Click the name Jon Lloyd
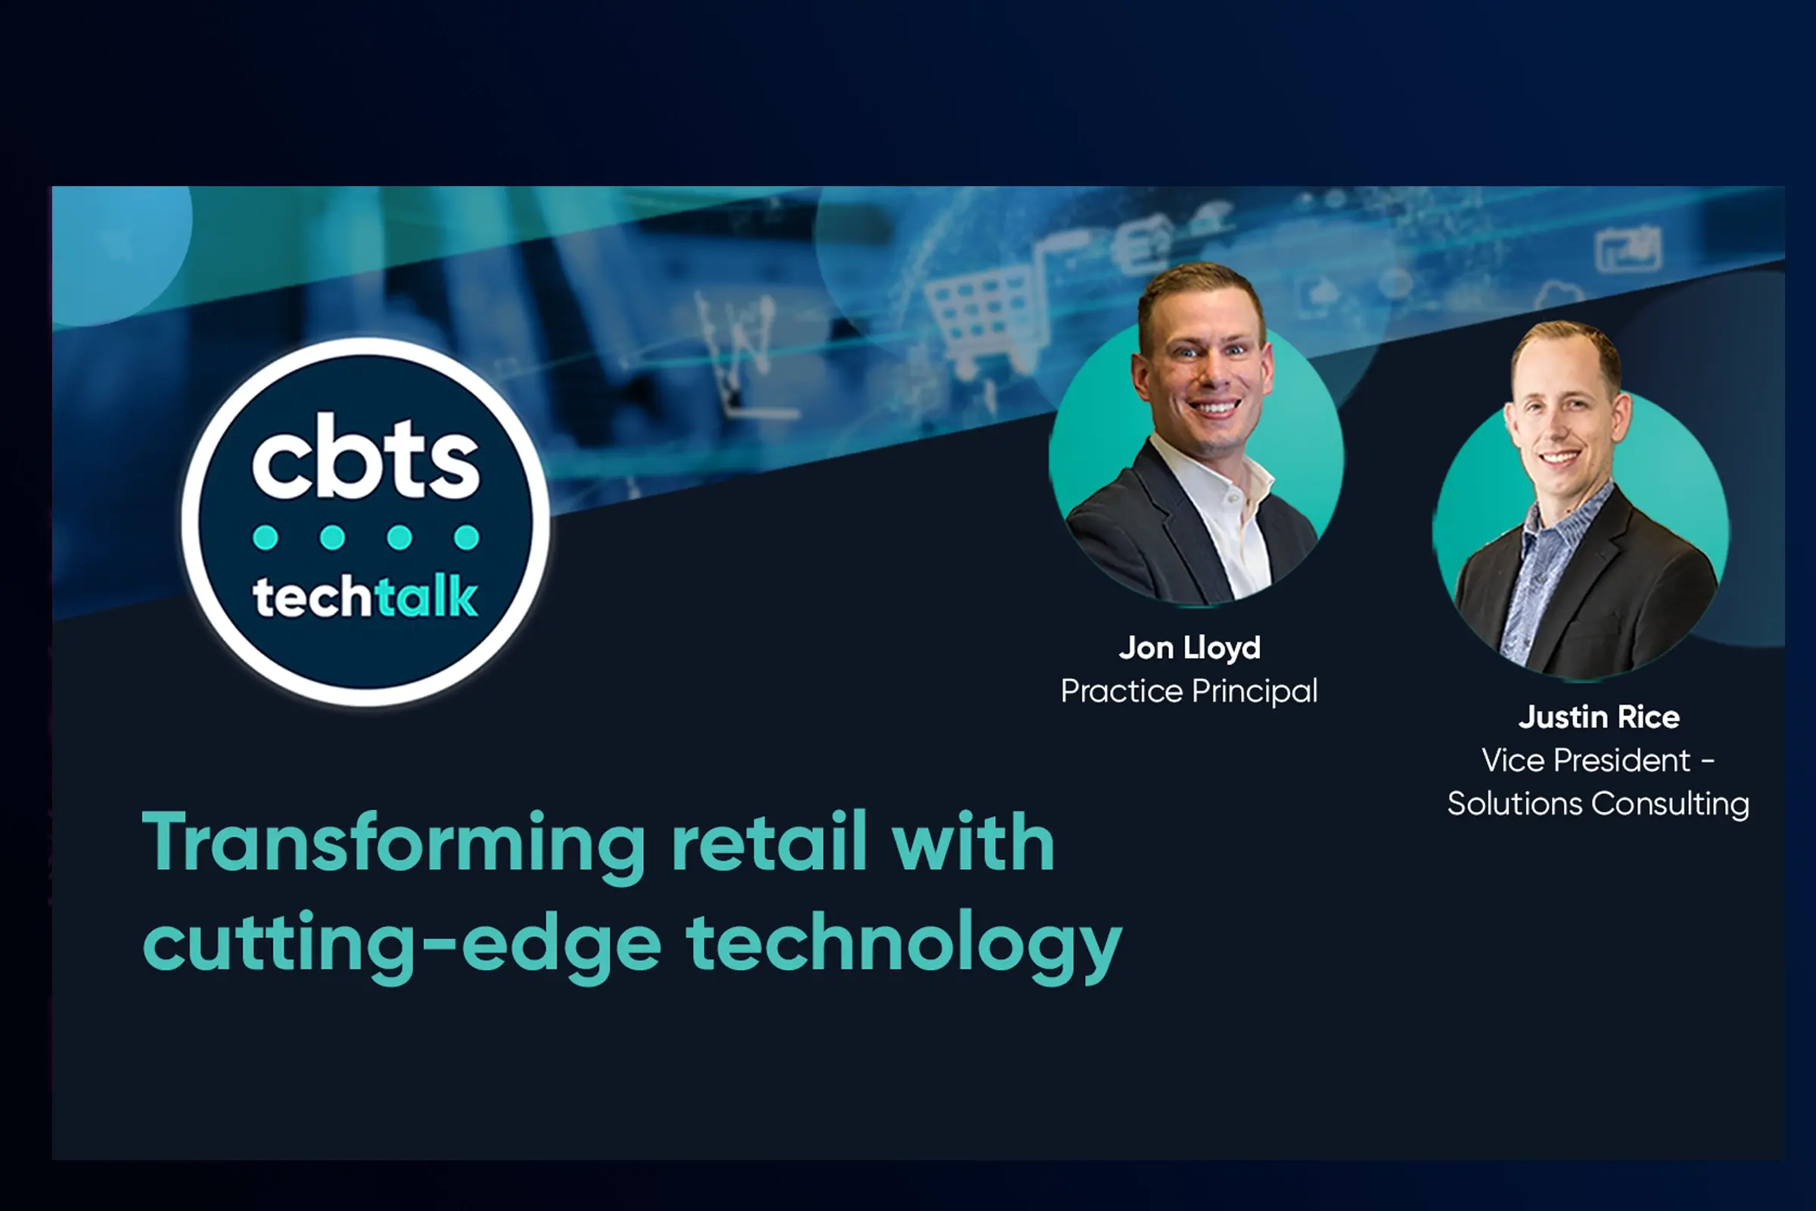coord(1189,648)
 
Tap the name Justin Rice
coord(1598,717)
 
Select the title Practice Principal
coord(1189,691)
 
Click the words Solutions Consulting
coord(1598,804)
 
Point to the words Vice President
coord(1586,761)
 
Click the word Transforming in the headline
coord(393,845)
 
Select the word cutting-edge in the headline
coord(402,945)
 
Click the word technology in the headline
coord(904,945)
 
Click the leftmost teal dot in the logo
coord(266,537)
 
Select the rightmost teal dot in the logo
coord(466,537)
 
